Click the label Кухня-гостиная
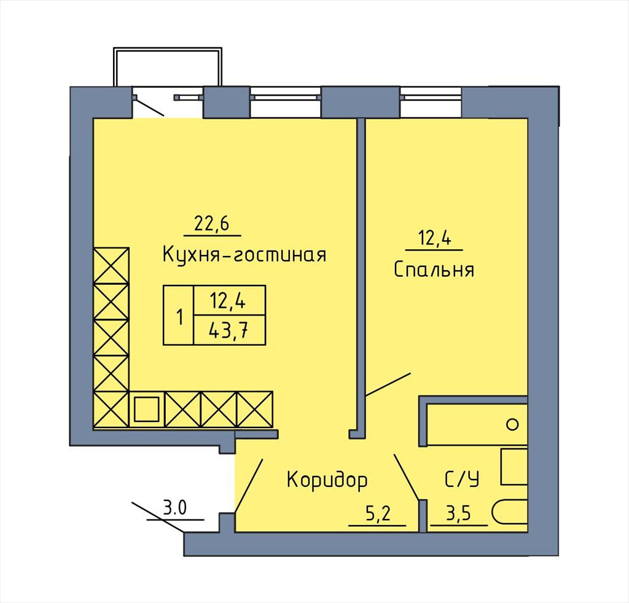click(244, 254)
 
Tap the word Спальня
click(434, 269)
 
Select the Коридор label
click(327, 480)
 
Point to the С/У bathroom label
click(462, 479)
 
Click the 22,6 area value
click(211, 224)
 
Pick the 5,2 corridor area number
click(378, 513)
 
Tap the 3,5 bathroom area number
click(458, 513)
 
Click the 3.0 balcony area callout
click(175, 508)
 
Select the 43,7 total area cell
click(230, 330)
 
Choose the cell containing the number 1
click(179, 315)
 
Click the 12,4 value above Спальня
click(434, 238)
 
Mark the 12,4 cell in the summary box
click(230, 300)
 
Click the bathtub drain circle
click(512, 424)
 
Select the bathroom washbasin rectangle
click(514, 467)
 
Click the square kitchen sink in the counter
click(147, 410)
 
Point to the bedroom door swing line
click(388, 384)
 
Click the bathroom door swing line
click(407, 477)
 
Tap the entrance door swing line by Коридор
click(249, 486)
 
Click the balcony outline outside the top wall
click(167, 49)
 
